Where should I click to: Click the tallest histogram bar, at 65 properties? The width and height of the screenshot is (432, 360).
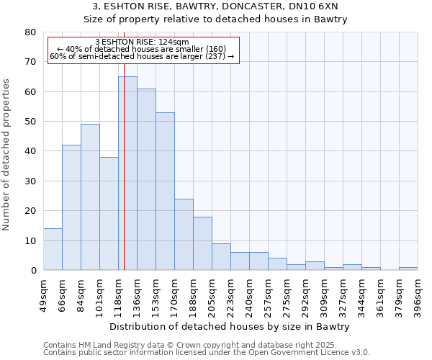point(127,173)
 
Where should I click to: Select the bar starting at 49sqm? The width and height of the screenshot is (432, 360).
point(53,249)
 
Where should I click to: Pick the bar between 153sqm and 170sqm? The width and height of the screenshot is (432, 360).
point(165,191)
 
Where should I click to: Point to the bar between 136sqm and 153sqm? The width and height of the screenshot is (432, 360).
point(146,179)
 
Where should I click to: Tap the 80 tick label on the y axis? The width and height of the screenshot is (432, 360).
point(30,32)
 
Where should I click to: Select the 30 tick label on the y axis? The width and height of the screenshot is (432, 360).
point(30,181)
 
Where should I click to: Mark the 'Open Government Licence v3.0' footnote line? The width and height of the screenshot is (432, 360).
point(207,353)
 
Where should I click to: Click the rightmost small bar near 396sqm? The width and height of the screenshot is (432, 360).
point(408,269)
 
